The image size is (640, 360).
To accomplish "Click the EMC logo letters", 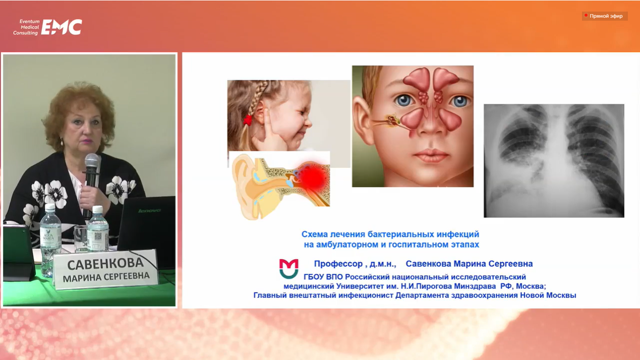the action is tap(62, 27).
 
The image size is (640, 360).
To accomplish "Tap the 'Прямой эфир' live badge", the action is tap(605, 16).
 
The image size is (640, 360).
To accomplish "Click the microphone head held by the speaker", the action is tap(92, 161).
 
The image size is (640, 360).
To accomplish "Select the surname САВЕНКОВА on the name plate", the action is tap(105, 264).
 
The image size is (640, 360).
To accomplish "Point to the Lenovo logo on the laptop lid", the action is tap(149, 211).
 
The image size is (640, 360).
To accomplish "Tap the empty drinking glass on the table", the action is tap(81, 239).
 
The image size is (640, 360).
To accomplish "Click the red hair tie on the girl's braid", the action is tap(248, 120).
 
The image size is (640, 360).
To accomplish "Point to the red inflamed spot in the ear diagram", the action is tap(313, 177).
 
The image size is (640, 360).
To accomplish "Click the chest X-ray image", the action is tap(554, 160).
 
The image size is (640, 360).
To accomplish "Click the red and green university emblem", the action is tap(288, 269).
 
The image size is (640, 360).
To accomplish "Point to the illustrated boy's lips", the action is tap(431, 156).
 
